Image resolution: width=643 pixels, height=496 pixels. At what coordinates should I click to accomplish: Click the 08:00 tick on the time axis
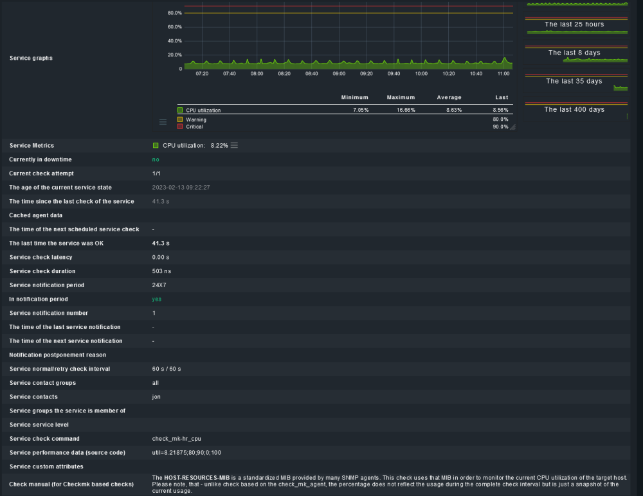point(257,74)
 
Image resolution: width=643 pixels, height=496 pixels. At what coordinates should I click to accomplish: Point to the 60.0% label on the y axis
point(175,27)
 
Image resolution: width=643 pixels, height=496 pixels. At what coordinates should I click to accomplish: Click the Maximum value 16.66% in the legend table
point(406,111)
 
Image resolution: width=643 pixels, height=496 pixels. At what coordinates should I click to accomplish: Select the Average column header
point(449,98)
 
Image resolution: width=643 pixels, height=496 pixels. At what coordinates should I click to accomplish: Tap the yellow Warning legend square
point(180,120)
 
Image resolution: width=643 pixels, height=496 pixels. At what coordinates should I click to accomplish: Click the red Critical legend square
point(180,127)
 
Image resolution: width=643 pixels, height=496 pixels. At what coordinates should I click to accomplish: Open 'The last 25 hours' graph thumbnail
point(576,26)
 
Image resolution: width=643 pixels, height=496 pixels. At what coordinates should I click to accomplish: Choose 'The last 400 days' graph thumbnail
point(576,111)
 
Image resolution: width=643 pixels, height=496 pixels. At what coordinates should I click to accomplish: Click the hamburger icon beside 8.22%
point(234,145)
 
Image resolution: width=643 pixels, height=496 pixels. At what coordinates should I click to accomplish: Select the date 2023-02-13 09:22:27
point(181,188)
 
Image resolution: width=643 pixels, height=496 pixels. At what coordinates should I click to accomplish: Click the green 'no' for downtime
point(156,159)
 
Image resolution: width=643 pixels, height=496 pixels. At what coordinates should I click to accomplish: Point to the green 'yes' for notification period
point(157,299)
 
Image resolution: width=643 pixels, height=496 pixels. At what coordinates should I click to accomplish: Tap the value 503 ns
point(161,271)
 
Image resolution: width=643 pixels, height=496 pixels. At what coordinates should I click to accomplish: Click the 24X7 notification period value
point(159,285)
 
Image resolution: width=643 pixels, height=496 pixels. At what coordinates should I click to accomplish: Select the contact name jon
point(156,397)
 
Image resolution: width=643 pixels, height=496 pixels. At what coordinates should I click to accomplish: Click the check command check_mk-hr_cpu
point(176,439)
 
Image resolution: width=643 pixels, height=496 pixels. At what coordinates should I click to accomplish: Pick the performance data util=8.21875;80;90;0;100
point(186,452)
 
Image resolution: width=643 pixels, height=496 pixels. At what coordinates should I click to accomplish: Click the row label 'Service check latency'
point(41,258)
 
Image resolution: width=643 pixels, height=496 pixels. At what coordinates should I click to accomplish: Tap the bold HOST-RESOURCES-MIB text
point(197,477)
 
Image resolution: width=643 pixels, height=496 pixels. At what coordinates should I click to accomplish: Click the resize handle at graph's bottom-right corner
point(512,127)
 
